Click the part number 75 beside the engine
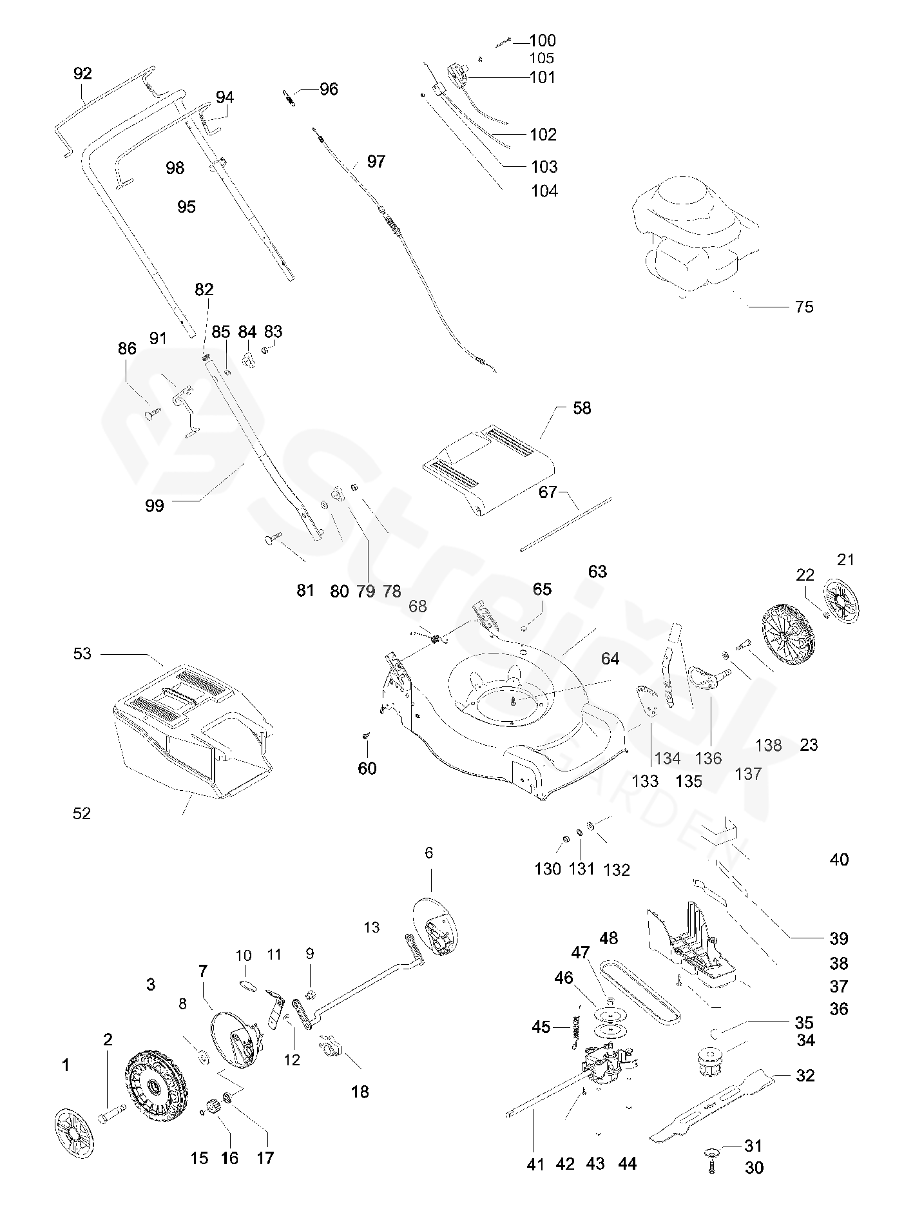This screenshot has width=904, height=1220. coord(804,307)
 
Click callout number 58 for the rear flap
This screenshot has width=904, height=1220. coord(582,408)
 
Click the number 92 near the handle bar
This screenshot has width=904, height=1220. coord(82,73)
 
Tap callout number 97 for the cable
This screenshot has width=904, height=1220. coord(376,161)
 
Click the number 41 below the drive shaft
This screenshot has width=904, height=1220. coord(535,1164)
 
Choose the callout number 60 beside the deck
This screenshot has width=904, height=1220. coord(367,768)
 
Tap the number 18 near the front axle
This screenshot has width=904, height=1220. coord(360,1091)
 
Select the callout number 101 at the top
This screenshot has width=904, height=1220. coord(542,77)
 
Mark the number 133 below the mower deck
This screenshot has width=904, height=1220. coord(645,781)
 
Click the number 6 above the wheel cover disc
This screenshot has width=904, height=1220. coord(429,853)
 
